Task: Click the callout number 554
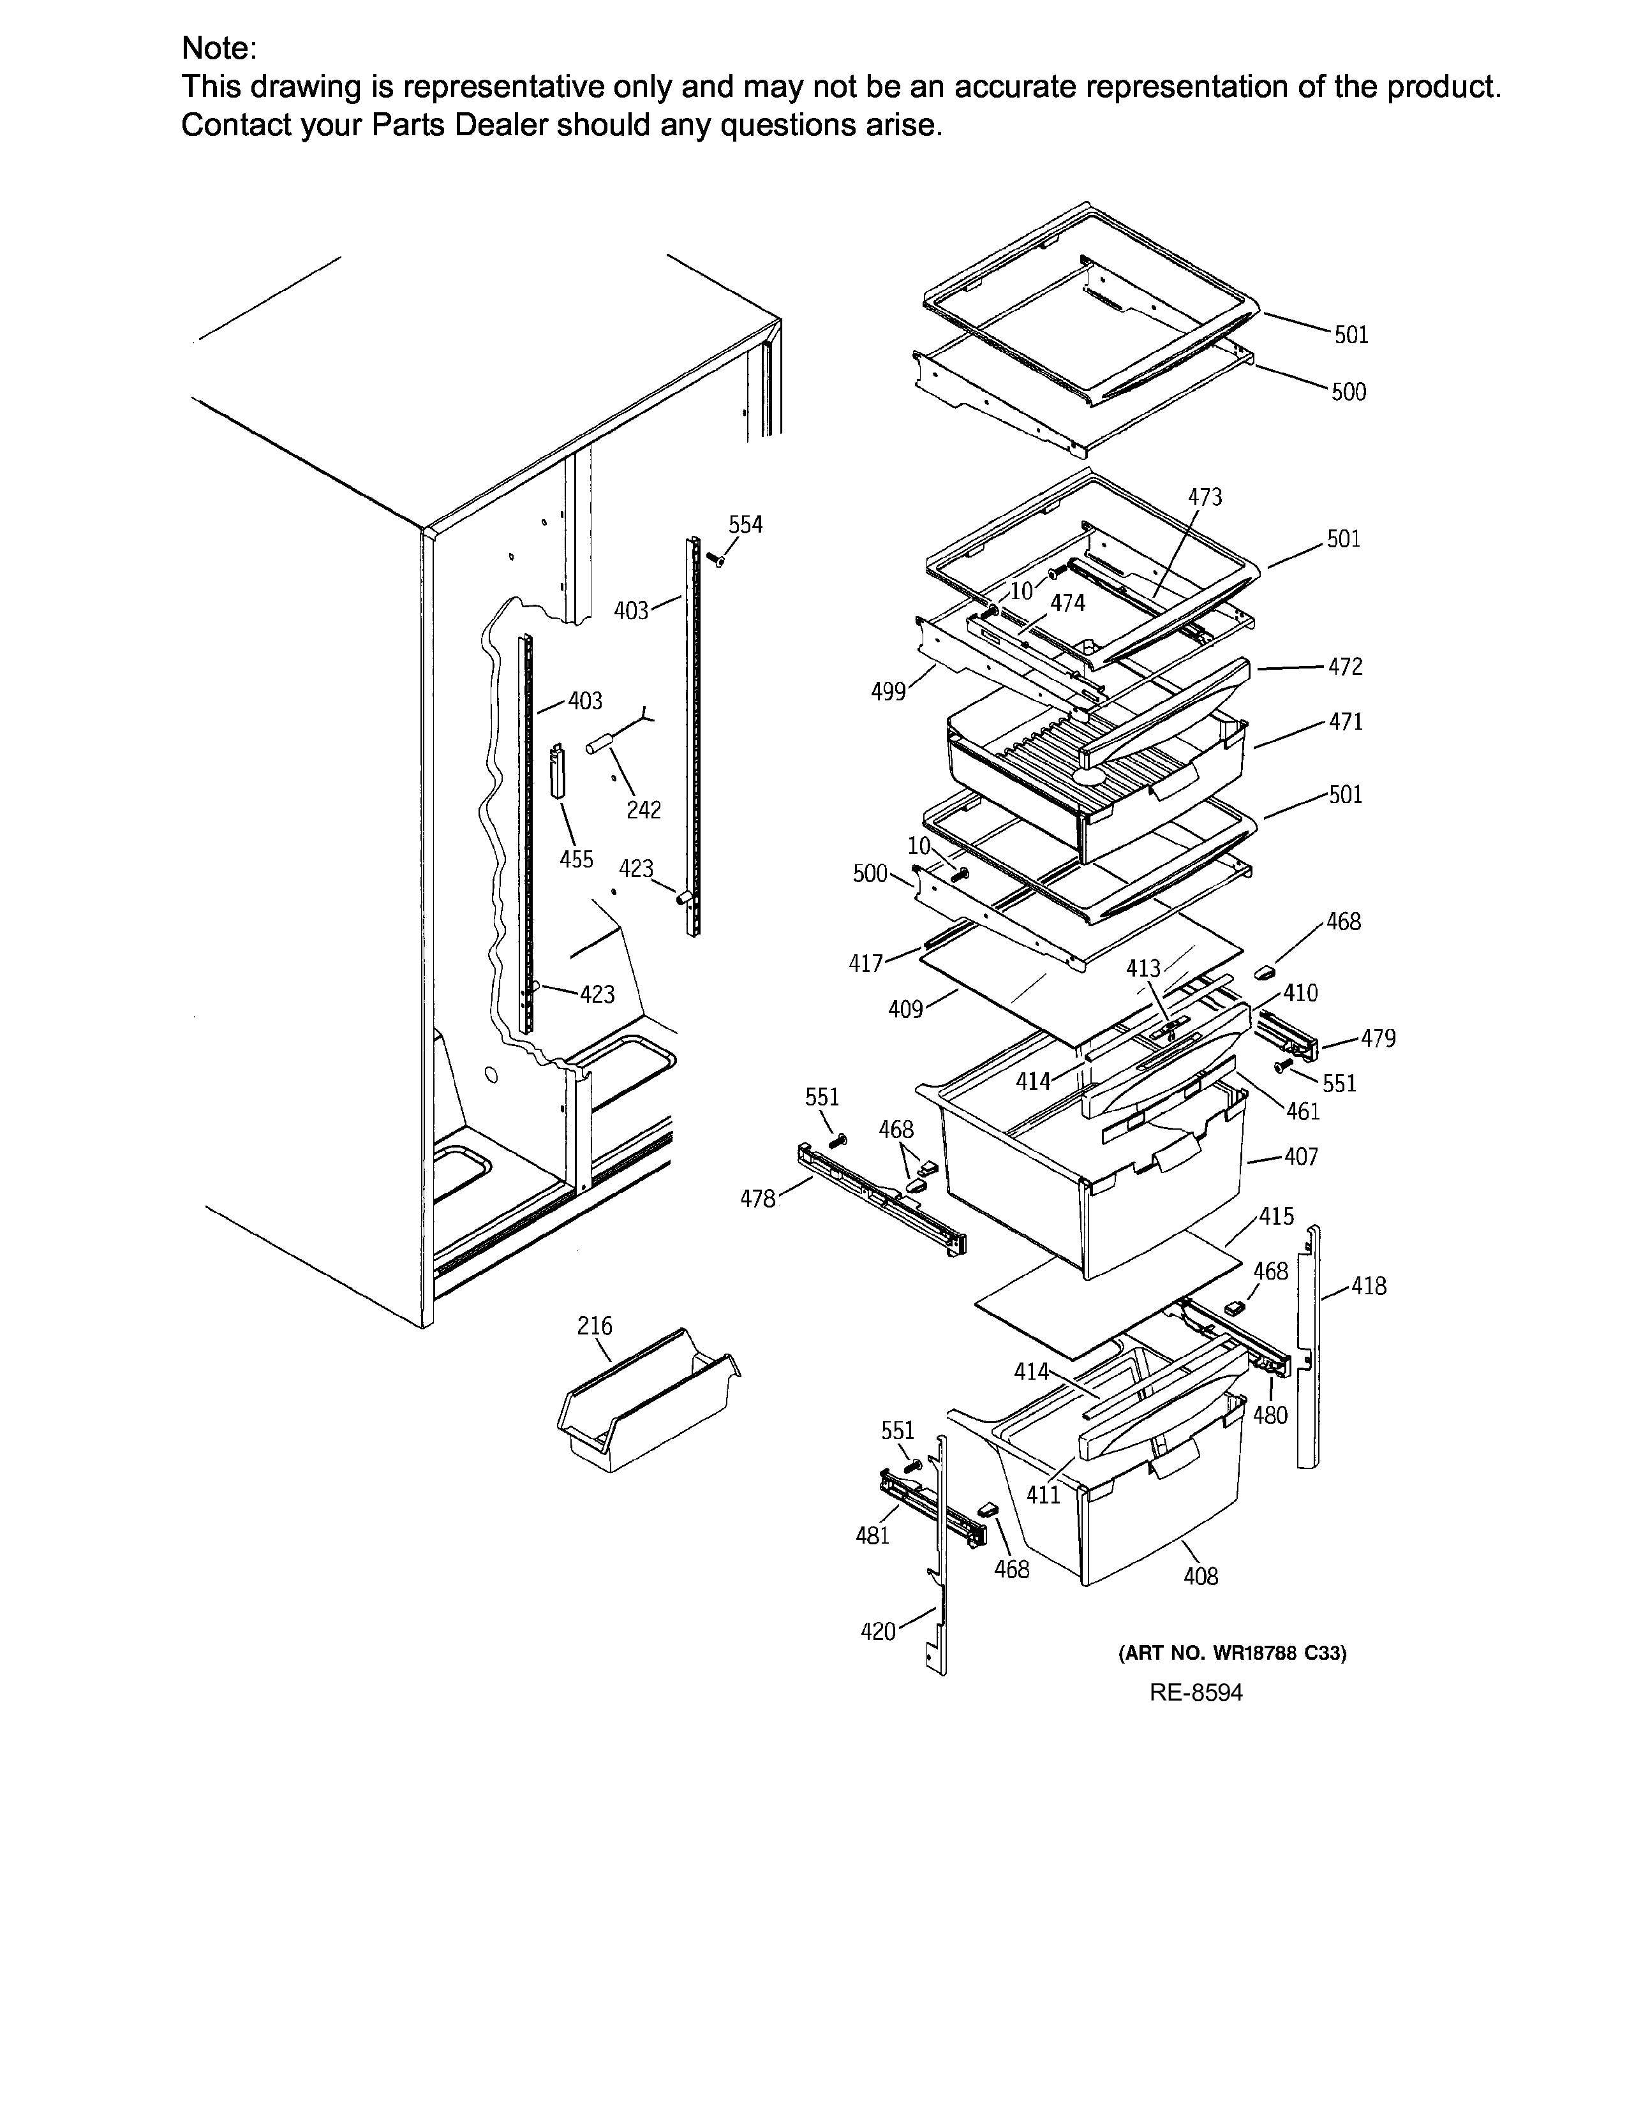745,525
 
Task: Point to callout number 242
644,811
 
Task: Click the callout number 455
576,859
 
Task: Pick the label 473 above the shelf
1205,498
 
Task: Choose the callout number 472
1346,667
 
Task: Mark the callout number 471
1346,722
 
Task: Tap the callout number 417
866,964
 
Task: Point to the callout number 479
1378,1039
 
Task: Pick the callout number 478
757,1199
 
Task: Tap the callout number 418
1369,1286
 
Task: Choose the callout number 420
878,1632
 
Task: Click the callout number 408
1201,1577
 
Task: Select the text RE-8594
1196,1694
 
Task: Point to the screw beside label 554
714,559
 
